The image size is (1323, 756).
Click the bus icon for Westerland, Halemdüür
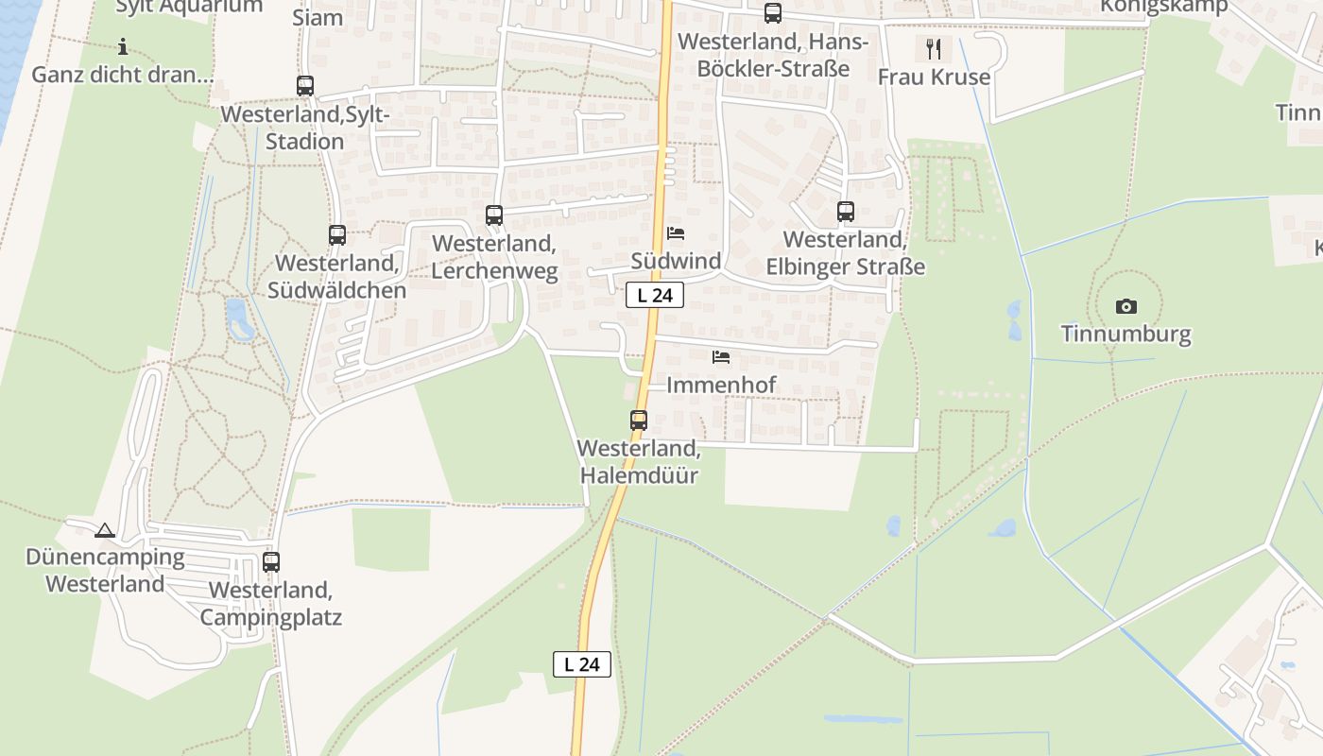pyautogui.click(x=639, y=421)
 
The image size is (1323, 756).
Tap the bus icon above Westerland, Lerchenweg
pyautogui.click(x=494, y=215)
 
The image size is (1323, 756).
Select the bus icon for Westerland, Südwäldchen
pyautogui.click(x=337, y=235)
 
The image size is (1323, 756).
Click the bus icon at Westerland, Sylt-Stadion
pyautogui.click(x=305, y=86)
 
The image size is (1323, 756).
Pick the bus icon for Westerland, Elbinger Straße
pyautogui.click(x=846, y=212)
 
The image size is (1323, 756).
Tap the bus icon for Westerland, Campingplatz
pyautogui.click(x=271, y=562)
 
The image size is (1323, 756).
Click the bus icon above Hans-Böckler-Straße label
pyautogui.click(x=773, y=13)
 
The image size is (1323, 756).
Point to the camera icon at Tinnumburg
pyautogui.click(x=1125, y=306)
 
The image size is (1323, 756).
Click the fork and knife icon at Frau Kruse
pyautogui.click(x=934, y=48)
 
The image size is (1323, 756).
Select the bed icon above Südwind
pyautogui.click(x=676, y=233)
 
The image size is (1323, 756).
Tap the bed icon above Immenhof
pyautogui.click(x=721, y=357)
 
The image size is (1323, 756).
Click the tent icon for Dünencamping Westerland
pyautogui.click(x=105, y=530)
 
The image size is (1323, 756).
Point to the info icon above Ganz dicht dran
pyautogui.click(x=122, y=46)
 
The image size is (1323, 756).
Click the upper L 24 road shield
pyautogui.click(x=655, y=295)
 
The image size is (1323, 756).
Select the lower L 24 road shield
pyautogui.click(x=582, y=664)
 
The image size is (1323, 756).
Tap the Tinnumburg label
pyautogui.click(x=1125, y=334)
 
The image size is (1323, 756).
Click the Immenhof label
pyautogui.click(x=721, y=385)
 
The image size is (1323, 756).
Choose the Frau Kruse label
pyautogui.click(x=934, y=77)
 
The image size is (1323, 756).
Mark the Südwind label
pyautogui.click(x=676, y=261)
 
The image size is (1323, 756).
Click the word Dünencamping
pyautogui.click(x=105, y=557)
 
